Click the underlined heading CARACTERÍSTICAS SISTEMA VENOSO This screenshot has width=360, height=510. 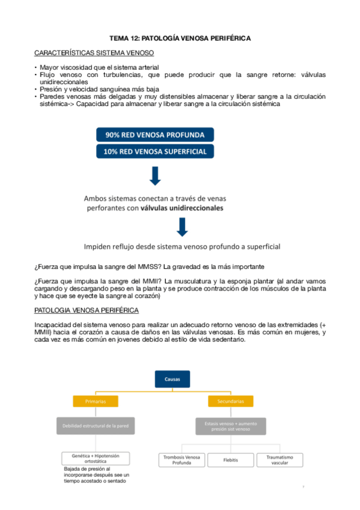pyautogui.click(x=94, y=53)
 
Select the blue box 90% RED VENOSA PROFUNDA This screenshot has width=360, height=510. pyautogui.click(x=155, y=134)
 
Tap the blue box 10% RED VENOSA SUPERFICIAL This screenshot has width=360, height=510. pyautogui.click(x=155, y=152)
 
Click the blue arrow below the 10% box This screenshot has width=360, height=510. pyautogui.click(x=155, y=176)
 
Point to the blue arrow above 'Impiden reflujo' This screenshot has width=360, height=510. pyautogui.click(x=183, y=227)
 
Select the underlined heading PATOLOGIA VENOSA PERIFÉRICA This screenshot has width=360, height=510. pyautogui.click(x=87, y=310)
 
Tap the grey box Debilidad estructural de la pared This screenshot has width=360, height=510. pyautogui.click(x=96, y=426)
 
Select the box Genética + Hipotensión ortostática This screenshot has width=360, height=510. pyautogui.click(x=96, y=458)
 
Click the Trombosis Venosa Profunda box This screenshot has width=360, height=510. pyautogui.click(x=181, y=460)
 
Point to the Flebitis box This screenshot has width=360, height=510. pyautogui.click(x=231, y=460)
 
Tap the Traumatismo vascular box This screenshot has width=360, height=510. pyautogui.click(x=279, y=460)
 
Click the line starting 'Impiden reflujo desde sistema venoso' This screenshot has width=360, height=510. pyautogui.click(x=182, y=247)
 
